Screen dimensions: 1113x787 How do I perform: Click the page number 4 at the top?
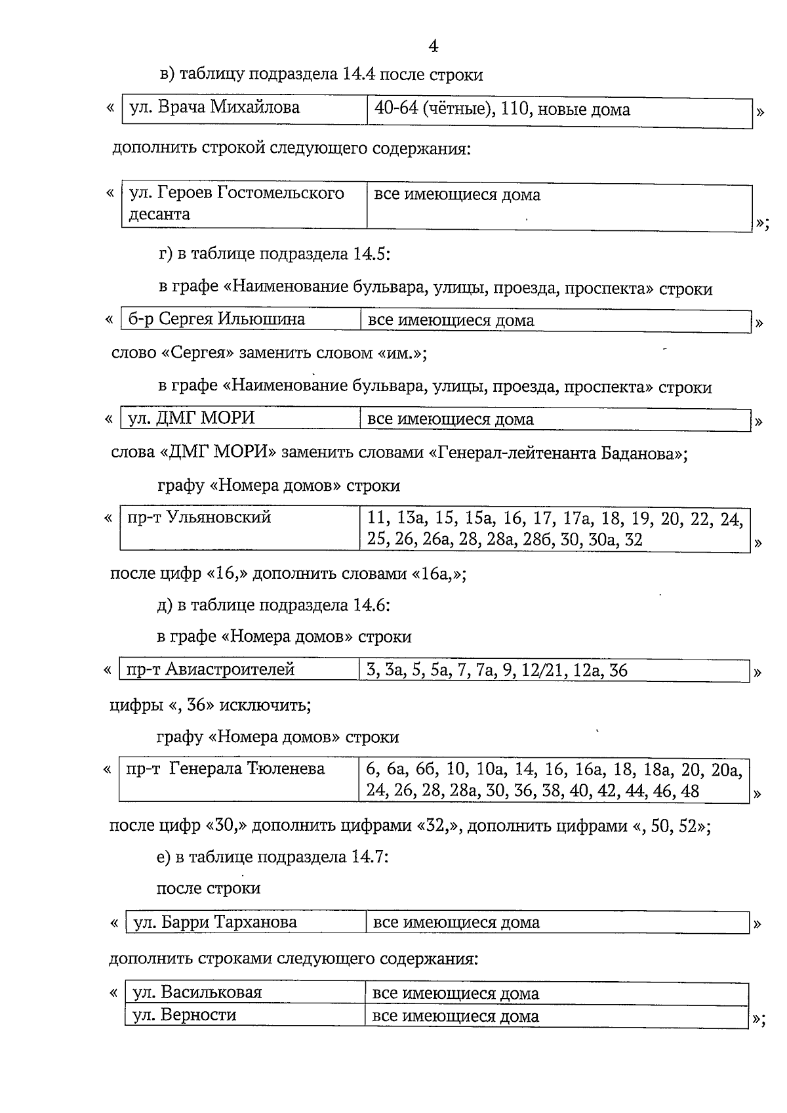433,46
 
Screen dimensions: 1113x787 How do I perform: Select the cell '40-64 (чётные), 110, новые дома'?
502,109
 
